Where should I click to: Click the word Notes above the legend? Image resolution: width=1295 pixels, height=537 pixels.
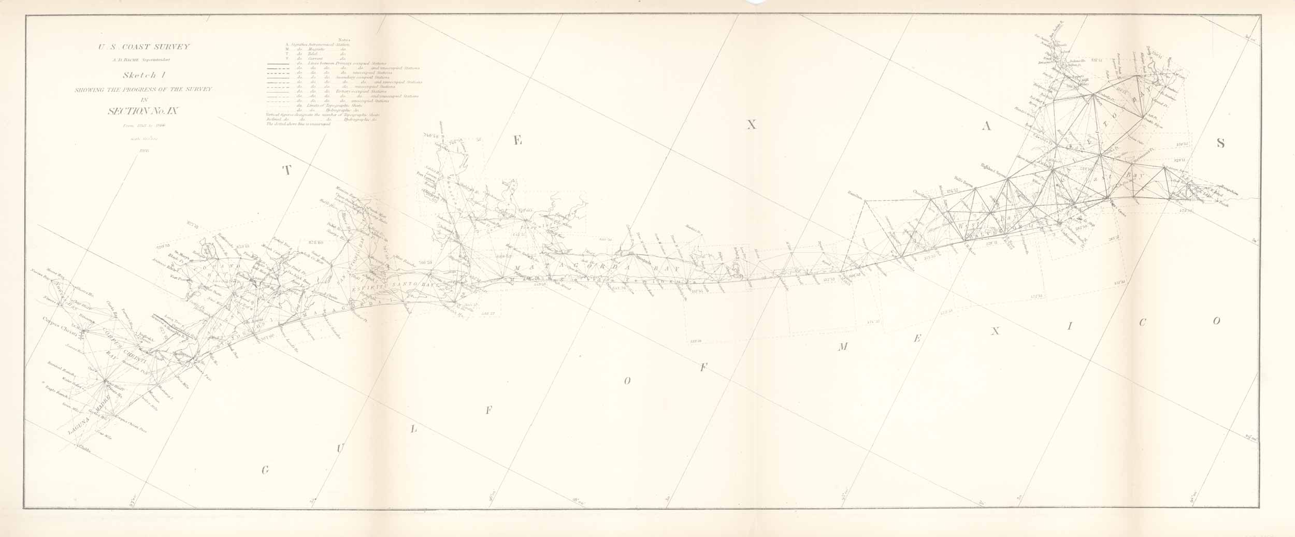click(343, 39)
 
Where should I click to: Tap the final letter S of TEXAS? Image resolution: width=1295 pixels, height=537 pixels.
click(1221, 143)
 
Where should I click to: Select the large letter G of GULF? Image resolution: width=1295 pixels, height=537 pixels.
click(266, 471)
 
